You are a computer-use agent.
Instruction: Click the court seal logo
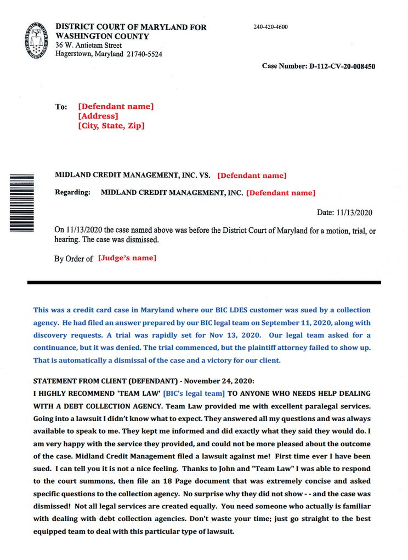click(x=37, y=41)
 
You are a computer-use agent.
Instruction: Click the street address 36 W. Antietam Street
click(x=88, y=46)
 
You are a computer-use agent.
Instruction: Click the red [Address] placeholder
click(x=98, y=116)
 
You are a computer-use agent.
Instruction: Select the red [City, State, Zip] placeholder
click(x=111, y=126)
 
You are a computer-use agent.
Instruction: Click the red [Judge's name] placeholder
click(x=127, y=258)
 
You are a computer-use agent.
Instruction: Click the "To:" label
click(x=61, y=107)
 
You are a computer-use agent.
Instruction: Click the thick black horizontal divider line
click(x=203, y=282)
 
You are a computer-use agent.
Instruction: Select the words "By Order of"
click(x=73, y=259)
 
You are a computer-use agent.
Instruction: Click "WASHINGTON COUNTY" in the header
click(x=102, y=36)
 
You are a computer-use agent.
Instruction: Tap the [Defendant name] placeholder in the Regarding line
click(x=280, y=193)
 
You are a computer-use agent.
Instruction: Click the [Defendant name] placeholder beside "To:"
click(x=116, y=107)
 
